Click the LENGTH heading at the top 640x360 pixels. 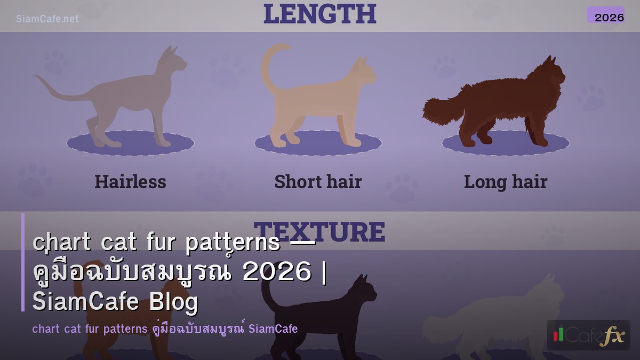pyautogui.click(x=319, y=14)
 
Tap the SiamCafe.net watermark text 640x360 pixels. pyautogui.click(x=47, y=19)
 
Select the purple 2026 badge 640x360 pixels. pyautogui.click(x=605, y=15)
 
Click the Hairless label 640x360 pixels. pyautogui.click(x=130, y=182)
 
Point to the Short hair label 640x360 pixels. pyautogui.click(x=318, y=182)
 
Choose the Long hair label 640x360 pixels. pyautogui.click(x=505, y=182)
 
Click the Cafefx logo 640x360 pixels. pyautogui.click(x=588, y=335)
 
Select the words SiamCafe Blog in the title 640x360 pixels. pyautogui.click(x=115, y=302)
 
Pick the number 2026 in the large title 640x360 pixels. pyautogui.click(x=276, y=272)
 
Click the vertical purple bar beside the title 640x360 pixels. pyautogui.click(x=23, y=262)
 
